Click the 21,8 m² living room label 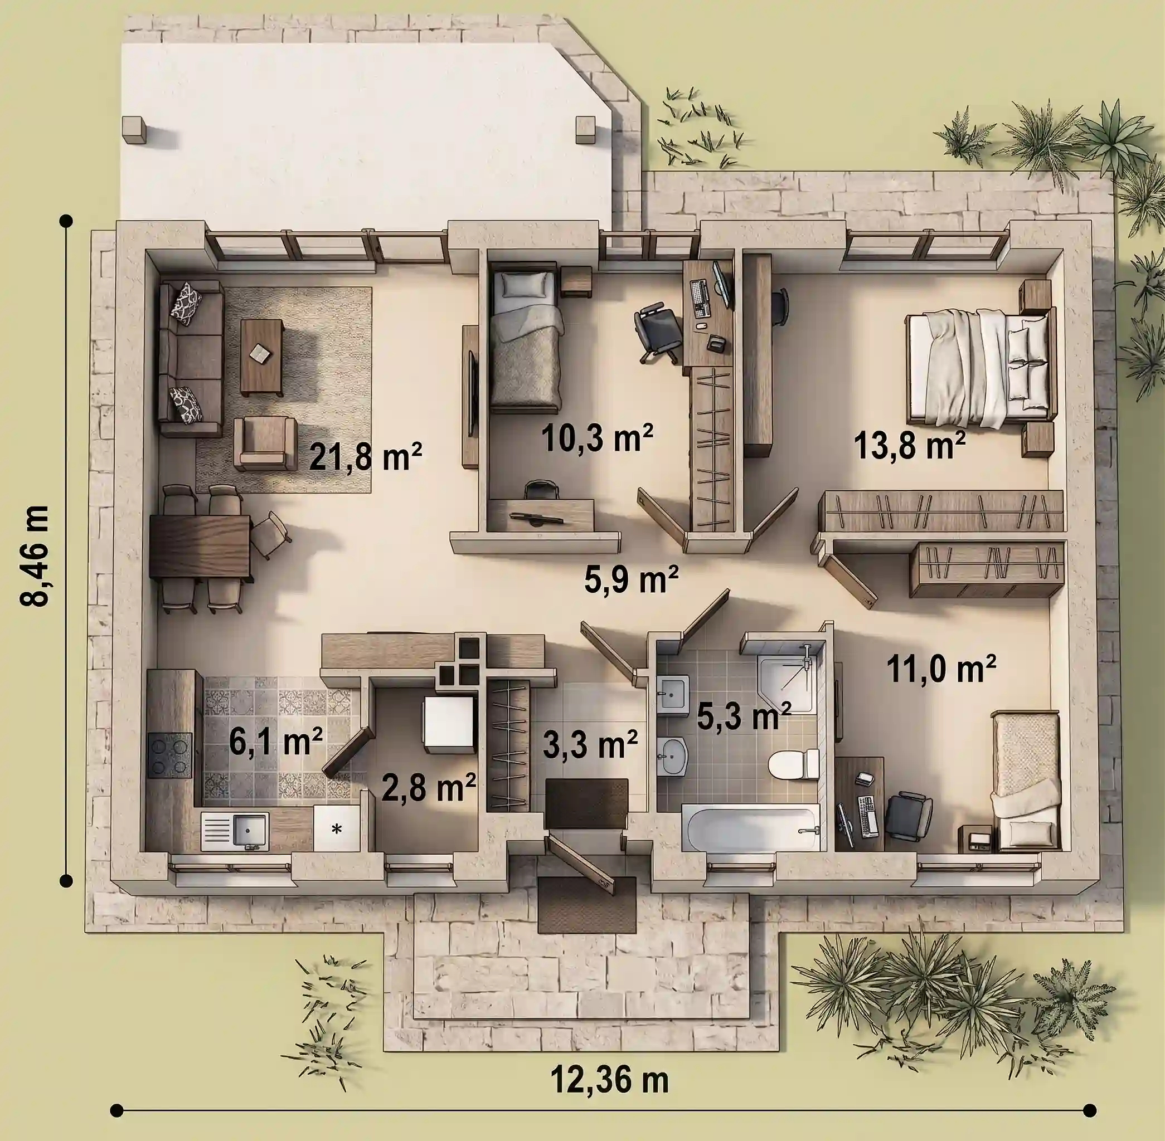366,457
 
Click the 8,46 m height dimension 35,556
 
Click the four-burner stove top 169,755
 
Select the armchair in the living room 265,443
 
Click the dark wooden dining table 200,547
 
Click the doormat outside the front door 587,905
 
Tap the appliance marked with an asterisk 337,829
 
